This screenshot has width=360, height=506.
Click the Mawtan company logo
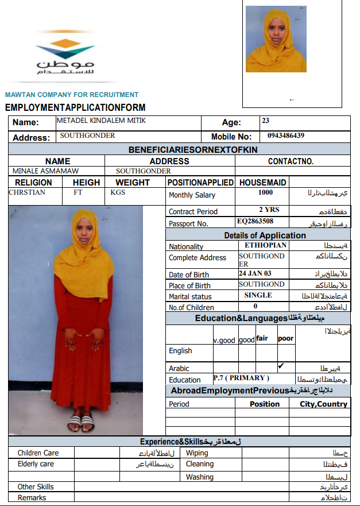65,56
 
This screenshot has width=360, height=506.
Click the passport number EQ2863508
255,221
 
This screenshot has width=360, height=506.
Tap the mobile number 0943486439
285,136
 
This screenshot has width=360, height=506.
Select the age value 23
265,121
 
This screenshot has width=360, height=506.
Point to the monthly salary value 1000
265,193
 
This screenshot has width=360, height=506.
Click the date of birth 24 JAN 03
256,273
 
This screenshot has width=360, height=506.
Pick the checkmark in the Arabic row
281,366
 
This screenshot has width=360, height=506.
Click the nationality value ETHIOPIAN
262,245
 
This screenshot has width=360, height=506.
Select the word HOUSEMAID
262,182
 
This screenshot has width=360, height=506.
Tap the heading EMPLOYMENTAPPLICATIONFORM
75,107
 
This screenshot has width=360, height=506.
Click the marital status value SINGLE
258,295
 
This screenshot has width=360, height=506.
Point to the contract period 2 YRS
269,210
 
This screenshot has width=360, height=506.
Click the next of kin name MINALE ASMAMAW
45,171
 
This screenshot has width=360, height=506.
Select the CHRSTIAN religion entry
27,192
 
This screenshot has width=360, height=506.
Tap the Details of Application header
265,235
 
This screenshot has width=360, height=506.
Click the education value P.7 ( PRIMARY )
241,378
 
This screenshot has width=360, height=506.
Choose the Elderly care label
36,464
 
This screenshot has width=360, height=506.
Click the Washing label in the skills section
199,477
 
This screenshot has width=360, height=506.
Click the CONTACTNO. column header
291,161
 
